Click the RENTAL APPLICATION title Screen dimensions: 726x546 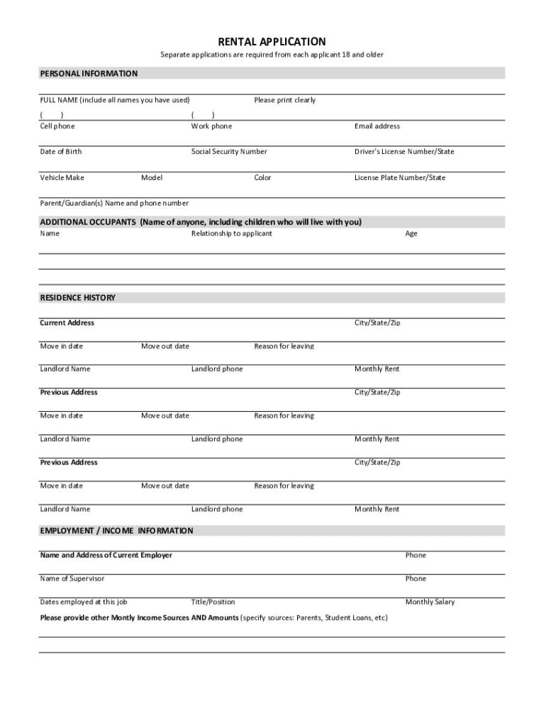click(x=272, y=42)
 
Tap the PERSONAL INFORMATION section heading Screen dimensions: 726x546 click(x=89, y=74)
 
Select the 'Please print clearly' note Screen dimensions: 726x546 click(x=285, y=100)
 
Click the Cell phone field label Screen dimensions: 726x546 click(x=57, y=126)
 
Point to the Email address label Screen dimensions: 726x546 click(x=377, y=126)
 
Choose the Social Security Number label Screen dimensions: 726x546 click(x=229, y=152)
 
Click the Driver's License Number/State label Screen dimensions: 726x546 click(x=404, y=152)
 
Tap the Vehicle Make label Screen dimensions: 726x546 click(x=62, y=178)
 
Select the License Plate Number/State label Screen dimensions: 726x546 click(x=400, y=178)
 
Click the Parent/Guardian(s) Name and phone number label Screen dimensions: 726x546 click(x=114, y=203)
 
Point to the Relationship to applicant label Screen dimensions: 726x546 click(x=231, y=233)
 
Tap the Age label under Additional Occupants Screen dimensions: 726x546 click(x=411, y=233)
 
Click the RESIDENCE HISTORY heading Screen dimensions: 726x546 click(x=77, y=298)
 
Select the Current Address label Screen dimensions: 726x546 click(x=67, y=323)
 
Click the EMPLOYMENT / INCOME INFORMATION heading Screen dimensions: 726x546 click(x=116, y=530)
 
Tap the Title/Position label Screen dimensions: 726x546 click(x=213, y=602)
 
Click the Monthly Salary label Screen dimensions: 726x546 click(x=430, y=602)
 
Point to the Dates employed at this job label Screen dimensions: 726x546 click(x=84, y=602)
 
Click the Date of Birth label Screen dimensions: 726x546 click(x=60, y=152)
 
